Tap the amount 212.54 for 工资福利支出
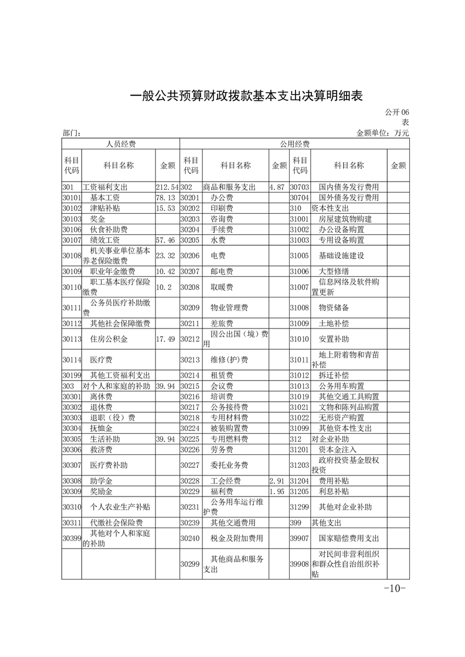(167, 187)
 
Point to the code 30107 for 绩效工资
(71, 241)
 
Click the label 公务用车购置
(341, 386)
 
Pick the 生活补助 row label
(105, 439)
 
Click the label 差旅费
(222, 323)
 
